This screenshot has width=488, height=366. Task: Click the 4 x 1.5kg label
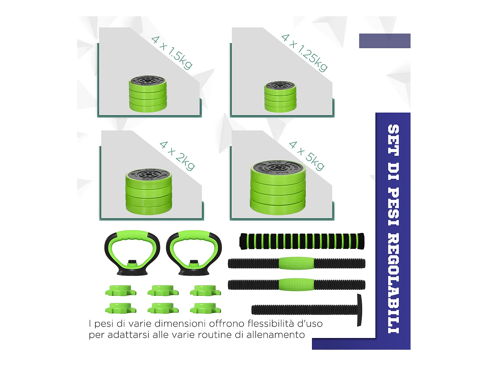pyautogui.click(x=172, y=53)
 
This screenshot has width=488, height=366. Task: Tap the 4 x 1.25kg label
pyautogui.click(x=304, y=52)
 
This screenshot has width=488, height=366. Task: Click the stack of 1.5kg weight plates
pyautogui.click(x=148, y=94)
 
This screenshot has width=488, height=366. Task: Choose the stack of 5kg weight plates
pyautogui.click(x=278, y=188)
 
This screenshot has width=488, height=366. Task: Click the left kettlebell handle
pyautogui.click(x=132, y=252)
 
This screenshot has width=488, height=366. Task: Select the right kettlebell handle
pyautogui.click(x=194, y=252)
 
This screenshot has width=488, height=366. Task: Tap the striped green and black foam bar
pyautogui.click(x=302, y=241)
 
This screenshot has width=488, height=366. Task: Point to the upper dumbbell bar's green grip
pyautogui.click(x=296, y=263)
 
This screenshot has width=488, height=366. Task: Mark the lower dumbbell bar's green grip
pyautogui.click(x=296, y=284)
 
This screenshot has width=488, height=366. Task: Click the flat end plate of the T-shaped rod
pyautogui.click(x=359, y=310)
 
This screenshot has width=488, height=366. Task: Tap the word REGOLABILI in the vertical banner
pyautogui.click(x=393, y=283)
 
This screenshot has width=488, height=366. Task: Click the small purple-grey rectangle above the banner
pyautogui.click(x=385, y=41)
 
